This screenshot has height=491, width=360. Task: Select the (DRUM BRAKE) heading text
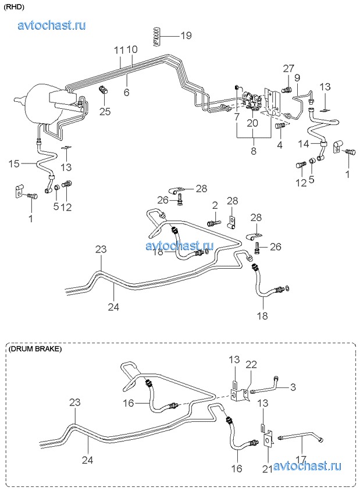point(35,349)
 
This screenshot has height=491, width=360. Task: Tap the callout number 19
point(186,35)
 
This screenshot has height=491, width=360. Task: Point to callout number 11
point(119,50)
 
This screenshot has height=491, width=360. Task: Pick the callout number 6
point(126,92)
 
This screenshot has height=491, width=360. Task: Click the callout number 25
point(105,111)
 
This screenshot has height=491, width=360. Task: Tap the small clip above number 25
point(104,90)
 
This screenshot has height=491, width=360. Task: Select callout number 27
point(289,69)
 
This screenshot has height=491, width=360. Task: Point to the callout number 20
point(252,123)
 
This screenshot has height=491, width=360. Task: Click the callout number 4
point(279,144)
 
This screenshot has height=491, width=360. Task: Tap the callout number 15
point(15,163)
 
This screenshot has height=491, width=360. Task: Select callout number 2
point(215,205)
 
